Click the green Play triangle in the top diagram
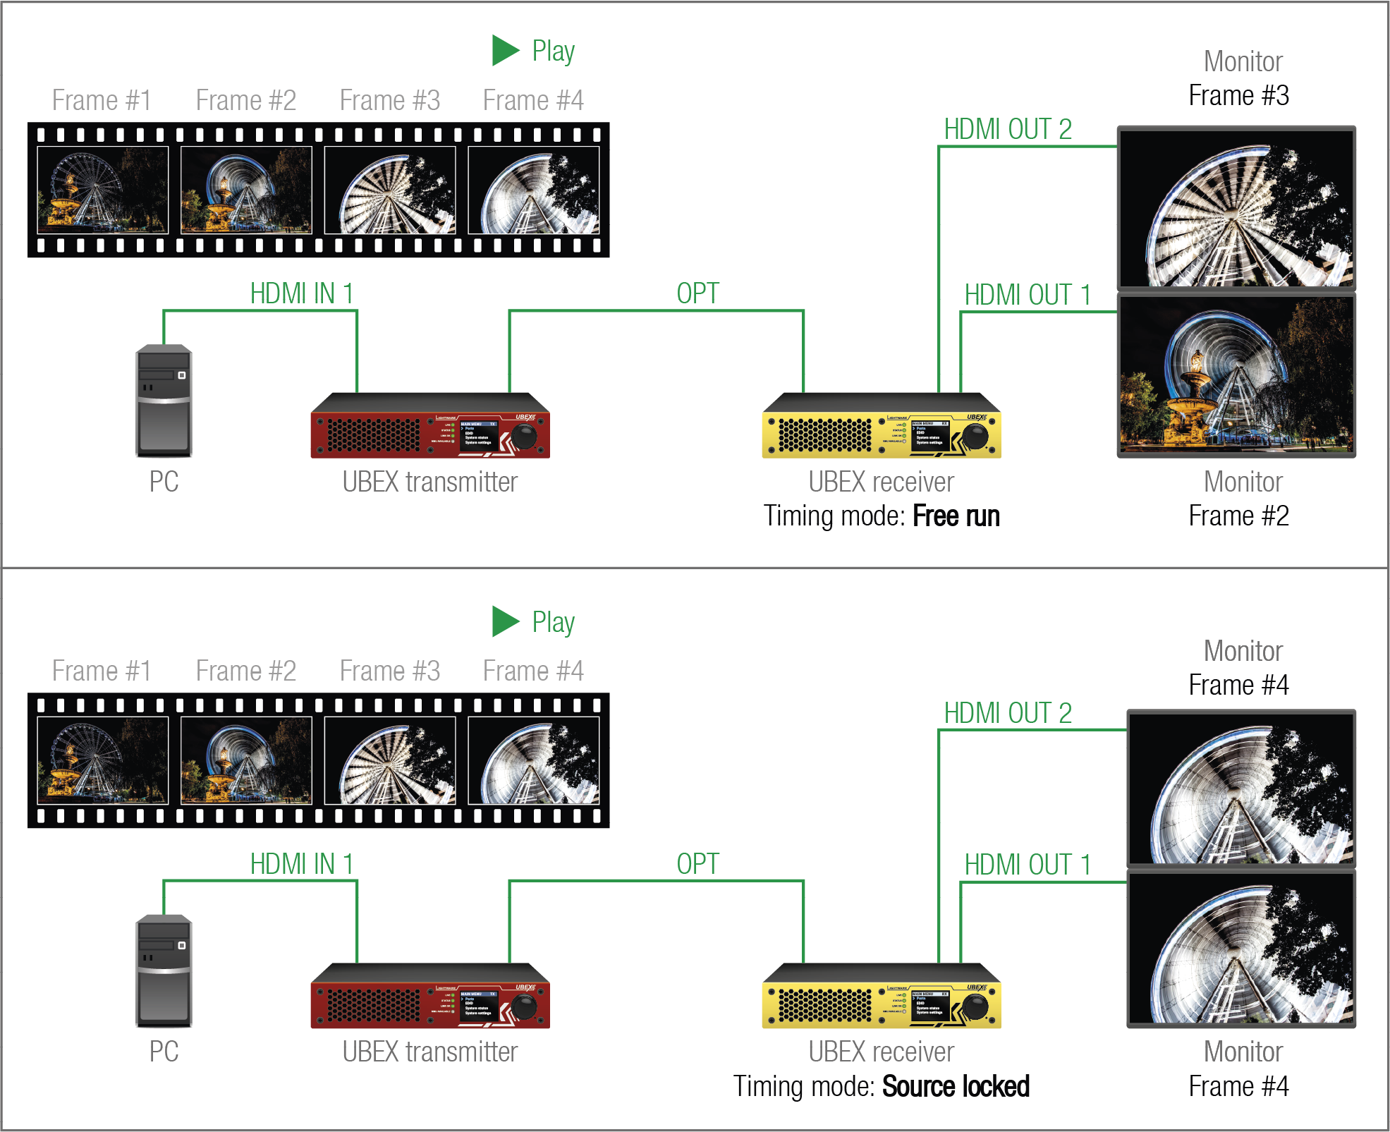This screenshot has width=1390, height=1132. (504, 50)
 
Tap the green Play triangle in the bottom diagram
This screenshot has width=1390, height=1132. (504, 621)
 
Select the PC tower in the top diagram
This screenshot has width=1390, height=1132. (164, 401)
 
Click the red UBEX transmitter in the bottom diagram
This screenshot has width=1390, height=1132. (429, 997)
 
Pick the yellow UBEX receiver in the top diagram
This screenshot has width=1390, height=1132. (881, 426)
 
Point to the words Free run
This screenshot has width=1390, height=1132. (956, 516)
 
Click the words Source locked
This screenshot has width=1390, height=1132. (956, 1086)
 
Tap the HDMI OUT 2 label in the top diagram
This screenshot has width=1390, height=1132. (1008, 130)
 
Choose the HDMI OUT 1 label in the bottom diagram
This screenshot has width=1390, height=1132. (1028, 865)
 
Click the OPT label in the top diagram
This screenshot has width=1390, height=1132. (697, 293)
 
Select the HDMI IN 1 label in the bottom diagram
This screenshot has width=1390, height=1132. (302, 864)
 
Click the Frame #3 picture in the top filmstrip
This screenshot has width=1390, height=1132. (390, 190)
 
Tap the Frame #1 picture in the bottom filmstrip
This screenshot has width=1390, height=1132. (103, 760)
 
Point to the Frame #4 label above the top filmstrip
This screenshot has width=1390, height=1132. (533, 101)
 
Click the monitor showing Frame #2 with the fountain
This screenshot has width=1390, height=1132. (1236, 376)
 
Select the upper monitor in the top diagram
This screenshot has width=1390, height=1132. (1236, 208)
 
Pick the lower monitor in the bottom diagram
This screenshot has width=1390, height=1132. (1240, 949)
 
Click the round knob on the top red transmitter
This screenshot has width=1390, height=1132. (524, 437)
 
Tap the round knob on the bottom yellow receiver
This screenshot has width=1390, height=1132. (975, 1006)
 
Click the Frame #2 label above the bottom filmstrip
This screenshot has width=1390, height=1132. (246, 671)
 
